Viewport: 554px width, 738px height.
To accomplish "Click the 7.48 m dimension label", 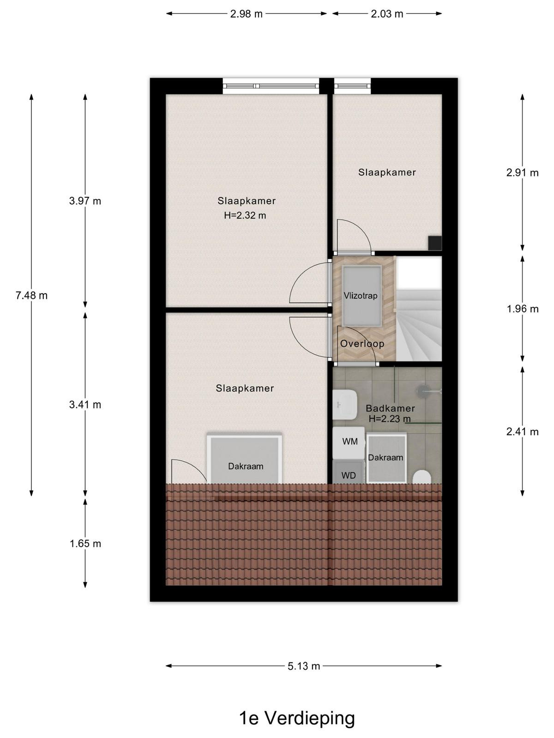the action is [31, 296].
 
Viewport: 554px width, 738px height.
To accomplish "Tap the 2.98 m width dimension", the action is [246, 14].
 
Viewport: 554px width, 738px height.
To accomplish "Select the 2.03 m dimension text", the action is [387, 14].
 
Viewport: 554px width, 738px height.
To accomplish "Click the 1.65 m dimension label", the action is [85, 544].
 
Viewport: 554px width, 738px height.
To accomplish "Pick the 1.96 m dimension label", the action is [523, 309].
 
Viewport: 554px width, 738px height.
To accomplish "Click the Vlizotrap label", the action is [360, 296].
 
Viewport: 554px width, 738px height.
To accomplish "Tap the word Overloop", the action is [362, 344].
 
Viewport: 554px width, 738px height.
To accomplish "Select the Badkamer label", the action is [390, 408].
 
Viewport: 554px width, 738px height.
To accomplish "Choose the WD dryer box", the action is [349, 472].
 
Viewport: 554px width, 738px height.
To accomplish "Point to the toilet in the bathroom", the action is [422, 477].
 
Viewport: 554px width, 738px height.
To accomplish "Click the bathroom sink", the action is [345, 405].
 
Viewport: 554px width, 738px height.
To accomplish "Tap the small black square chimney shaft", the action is [434, 244].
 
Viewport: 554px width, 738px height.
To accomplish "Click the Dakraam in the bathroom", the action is [386, 458].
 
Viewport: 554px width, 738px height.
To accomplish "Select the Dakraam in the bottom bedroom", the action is [245, 458].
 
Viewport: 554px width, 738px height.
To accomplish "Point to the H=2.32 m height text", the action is [245, 215].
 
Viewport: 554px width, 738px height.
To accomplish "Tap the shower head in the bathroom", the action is [423, 390].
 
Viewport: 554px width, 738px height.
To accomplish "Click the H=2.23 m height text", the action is [390, 419].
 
